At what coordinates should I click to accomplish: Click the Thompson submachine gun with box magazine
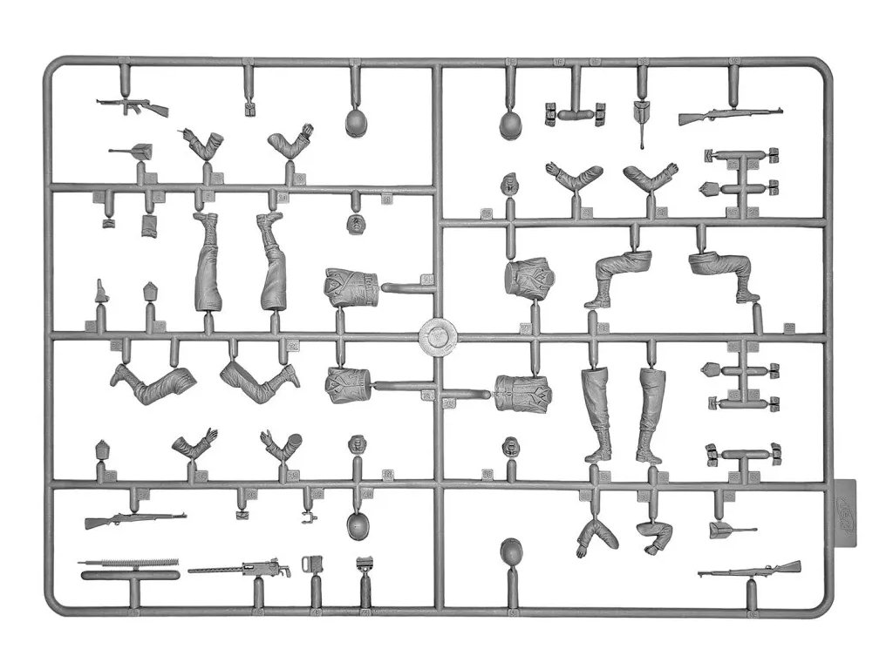[x=131, y=106]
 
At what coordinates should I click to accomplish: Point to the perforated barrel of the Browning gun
[x=209, y=571]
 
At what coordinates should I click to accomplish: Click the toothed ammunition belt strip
[x=128, y=563]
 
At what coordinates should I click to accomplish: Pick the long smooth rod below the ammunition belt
[x=128, y=575]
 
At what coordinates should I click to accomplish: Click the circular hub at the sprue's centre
[x=439, y=335]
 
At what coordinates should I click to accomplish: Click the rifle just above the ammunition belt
[x=135, y=520]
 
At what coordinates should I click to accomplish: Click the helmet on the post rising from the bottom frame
[x=512, y=553]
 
